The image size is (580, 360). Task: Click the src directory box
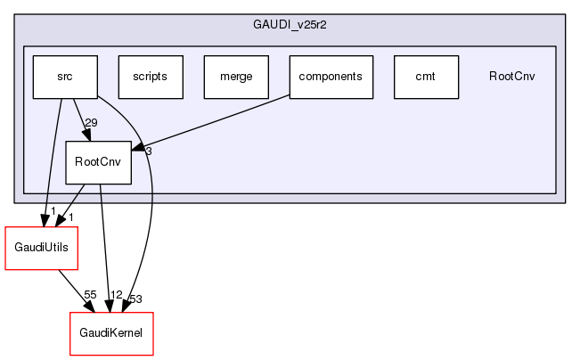[64, 77]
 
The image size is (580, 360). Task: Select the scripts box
[150, 77]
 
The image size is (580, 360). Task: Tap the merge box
[236, 77]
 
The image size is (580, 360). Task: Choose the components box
[331, 77]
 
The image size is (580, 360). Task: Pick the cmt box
[425, 77]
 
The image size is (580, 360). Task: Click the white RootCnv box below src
[98, 162]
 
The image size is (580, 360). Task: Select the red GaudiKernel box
[111, 334]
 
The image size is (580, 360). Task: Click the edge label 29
[91, 122]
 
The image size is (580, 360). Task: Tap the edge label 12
[116, 294]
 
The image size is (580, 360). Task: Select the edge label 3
[149, 151]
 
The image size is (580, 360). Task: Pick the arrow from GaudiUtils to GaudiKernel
[75, 290]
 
